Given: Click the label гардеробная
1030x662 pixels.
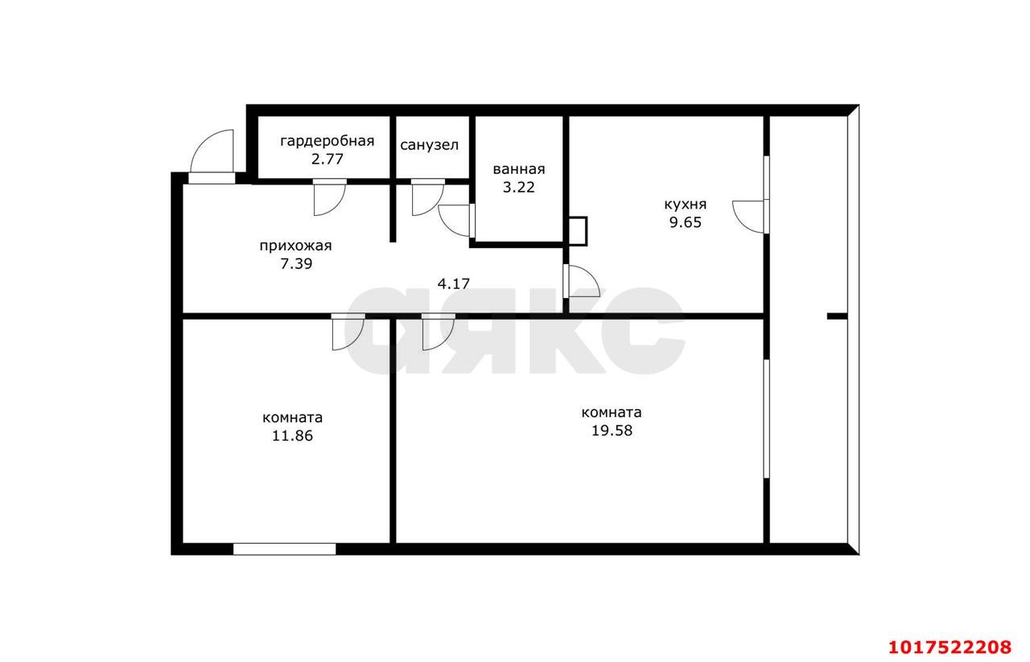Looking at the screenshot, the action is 327,141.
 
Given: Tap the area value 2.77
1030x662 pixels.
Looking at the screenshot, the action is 327,159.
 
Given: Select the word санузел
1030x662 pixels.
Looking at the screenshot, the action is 430,146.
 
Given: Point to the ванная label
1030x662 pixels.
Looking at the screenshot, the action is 519,169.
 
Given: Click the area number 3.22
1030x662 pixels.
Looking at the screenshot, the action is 519,188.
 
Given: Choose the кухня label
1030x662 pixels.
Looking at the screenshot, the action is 685,205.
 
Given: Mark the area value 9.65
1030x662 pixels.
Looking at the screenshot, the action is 685,223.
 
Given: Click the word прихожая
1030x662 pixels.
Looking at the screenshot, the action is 295,246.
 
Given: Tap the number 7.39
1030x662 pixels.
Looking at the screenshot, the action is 296,264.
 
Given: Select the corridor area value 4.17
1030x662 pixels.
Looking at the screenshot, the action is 453,284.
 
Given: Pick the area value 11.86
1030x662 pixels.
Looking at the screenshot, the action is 292,436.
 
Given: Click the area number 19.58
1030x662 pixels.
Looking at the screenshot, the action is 612,431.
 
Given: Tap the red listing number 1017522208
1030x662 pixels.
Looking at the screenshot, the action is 950,647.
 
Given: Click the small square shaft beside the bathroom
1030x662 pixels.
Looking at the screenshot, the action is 578,231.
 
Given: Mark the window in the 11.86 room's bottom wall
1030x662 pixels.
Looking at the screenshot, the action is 285,549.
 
